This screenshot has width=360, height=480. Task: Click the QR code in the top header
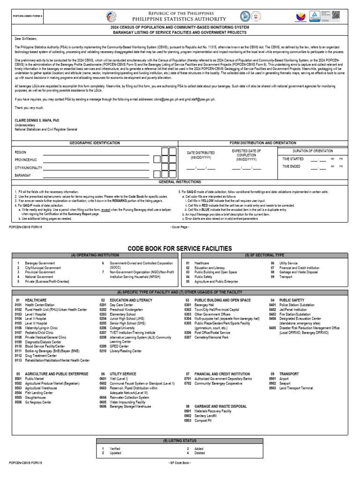tap(336, 15)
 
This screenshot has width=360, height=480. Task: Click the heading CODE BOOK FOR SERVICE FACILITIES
tap(180, 248)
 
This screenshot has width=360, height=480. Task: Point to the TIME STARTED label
tap(293, 159)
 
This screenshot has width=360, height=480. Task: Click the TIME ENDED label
tap(292, 166)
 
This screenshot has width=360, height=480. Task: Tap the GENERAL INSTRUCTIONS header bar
tap(180, 181)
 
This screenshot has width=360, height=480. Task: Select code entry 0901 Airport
tap(280, 379)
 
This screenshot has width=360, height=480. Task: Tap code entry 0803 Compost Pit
tap(202, 420)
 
